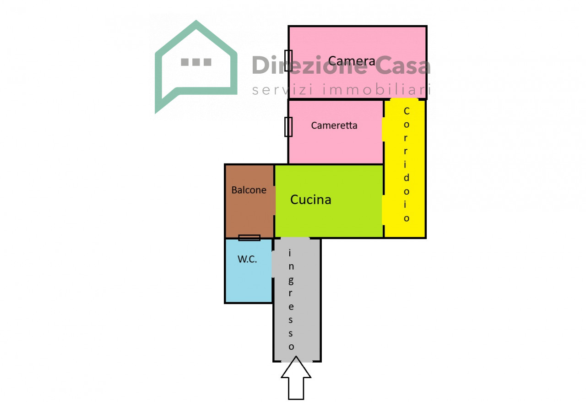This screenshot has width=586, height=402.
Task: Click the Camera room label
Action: coord(351,61)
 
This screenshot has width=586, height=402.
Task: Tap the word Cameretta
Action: coord(334,125)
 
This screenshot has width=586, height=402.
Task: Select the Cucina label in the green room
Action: coord(311,200)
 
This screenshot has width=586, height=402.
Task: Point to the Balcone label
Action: coord(249,190)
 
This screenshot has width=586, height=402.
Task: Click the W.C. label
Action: coord(247,259)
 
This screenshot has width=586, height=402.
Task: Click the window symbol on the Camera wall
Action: coord(288,60)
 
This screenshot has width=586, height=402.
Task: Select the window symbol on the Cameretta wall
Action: coord(288,127)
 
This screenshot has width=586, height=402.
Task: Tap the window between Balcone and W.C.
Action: coord(250,238)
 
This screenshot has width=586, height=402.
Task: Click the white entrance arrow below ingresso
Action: coord(296,378)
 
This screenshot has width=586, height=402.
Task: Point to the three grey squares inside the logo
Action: coord(196,62)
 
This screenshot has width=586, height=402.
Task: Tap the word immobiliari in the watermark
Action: coord(377,90)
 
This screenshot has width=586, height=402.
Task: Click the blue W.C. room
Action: coord(249,271)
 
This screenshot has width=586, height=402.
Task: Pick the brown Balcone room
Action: coord(250,201)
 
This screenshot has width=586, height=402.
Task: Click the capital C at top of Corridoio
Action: coord(407,111)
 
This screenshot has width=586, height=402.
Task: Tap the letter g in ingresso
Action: coord(291,281)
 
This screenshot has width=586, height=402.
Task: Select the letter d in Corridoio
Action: coord(406,178)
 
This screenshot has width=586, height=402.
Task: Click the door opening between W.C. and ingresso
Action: coord(273,264)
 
